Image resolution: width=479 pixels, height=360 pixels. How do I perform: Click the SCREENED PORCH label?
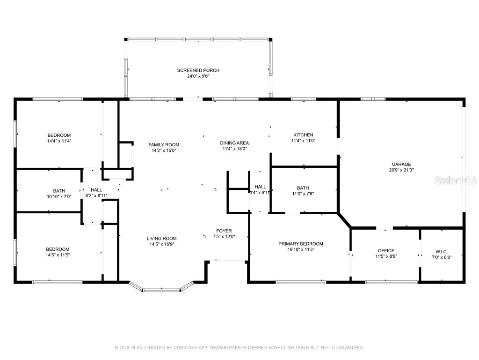click(198, 70)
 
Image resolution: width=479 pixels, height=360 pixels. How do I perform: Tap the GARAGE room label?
click(401, 164)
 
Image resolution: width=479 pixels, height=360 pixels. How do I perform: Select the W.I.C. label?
click(442, 250)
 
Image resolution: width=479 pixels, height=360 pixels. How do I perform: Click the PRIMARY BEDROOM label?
click(301, 244)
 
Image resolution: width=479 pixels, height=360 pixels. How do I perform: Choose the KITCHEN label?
click(303, 135)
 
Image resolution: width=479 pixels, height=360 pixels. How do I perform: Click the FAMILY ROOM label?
click(164, 145)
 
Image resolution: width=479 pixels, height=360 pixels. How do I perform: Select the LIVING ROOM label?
click(162, 239)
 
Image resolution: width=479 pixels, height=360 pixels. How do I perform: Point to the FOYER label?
click(224, 231)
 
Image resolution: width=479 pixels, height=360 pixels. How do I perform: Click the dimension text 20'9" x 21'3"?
click(401, 170)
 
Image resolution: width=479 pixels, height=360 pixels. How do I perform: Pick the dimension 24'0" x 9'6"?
click(198, 76)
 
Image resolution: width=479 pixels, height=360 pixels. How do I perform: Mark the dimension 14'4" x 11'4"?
click(59, 141)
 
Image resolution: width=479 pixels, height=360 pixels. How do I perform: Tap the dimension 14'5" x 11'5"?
click(58, 255)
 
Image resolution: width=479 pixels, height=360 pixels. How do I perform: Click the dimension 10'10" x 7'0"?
click(59, 196)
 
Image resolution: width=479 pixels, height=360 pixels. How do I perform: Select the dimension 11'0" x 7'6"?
click(303, 193)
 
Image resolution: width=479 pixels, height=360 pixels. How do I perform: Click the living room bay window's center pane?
click(161, 290)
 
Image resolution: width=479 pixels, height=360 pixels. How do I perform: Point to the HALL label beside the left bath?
click(96, 190)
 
